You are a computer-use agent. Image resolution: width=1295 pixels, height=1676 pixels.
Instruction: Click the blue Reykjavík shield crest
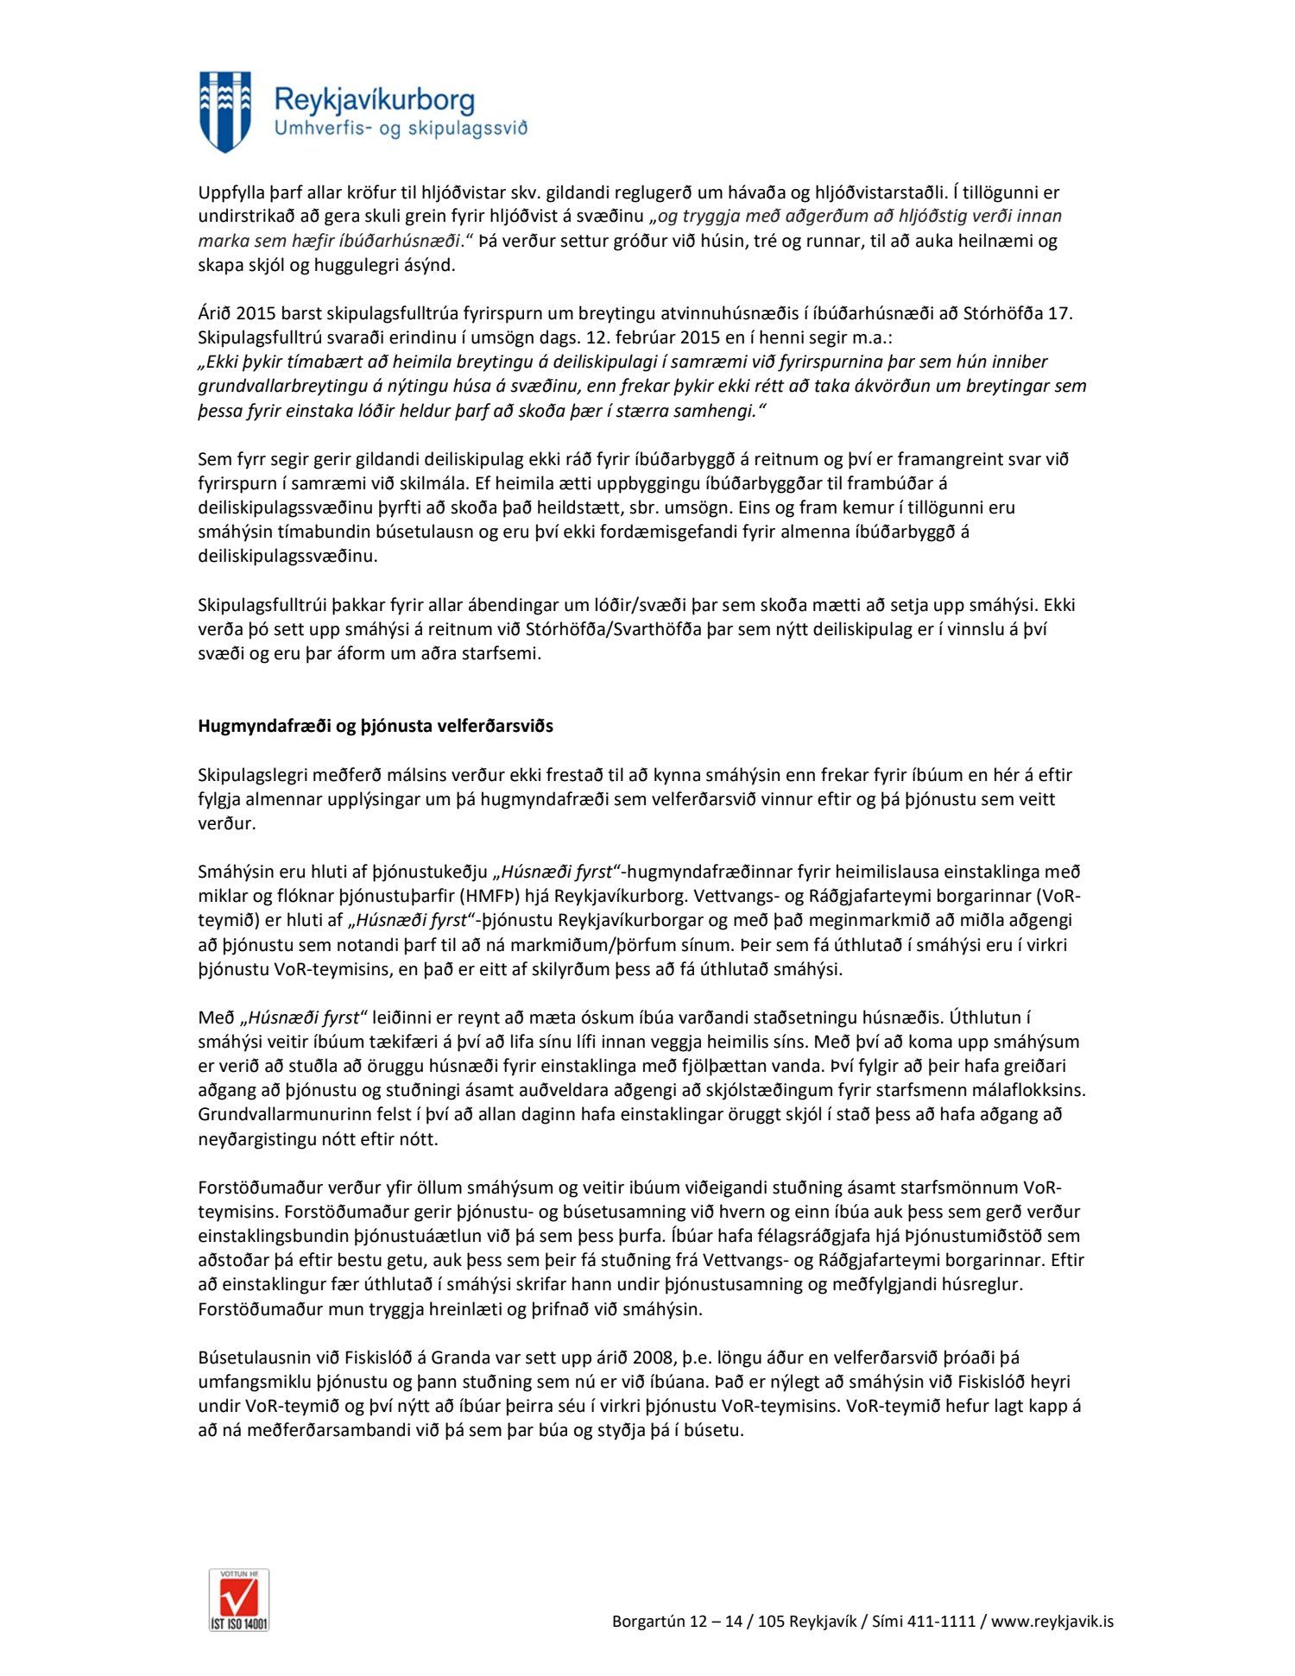point(225,111)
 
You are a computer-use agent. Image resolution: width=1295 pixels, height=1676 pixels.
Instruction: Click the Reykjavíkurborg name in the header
point(374,100)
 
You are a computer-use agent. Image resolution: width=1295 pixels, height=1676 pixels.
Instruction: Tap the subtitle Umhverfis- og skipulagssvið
point(400,129)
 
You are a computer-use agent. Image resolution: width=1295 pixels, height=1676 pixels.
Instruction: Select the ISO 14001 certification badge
point(239,1599)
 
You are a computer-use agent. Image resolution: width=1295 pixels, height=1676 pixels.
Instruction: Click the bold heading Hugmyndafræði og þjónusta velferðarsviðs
point(376,726)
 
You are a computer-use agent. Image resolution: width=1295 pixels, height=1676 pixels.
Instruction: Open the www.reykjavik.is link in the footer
point(1052,1621)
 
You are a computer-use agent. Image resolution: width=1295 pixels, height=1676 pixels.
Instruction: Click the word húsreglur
point(982,1284)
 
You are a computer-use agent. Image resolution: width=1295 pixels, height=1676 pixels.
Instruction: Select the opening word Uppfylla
point(232,192)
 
